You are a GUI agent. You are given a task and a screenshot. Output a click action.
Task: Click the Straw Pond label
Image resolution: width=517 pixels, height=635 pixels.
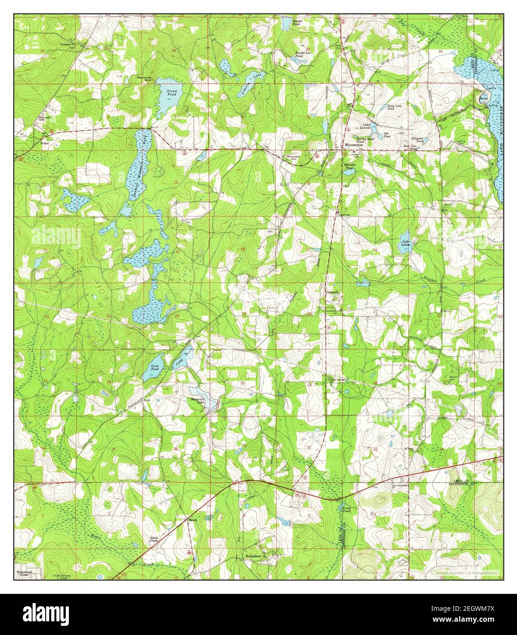[x=172, y=94]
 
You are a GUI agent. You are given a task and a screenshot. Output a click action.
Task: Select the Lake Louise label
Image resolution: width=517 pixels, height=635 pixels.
[x=406, y=243]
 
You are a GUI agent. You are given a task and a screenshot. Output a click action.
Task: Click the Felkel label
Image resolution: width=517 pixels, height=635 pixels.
[x=44, y=143]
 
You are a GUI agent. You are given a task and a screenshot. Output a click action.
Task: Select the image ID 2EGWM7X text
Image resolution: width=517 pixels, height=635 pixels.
[x=469, y=609]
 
